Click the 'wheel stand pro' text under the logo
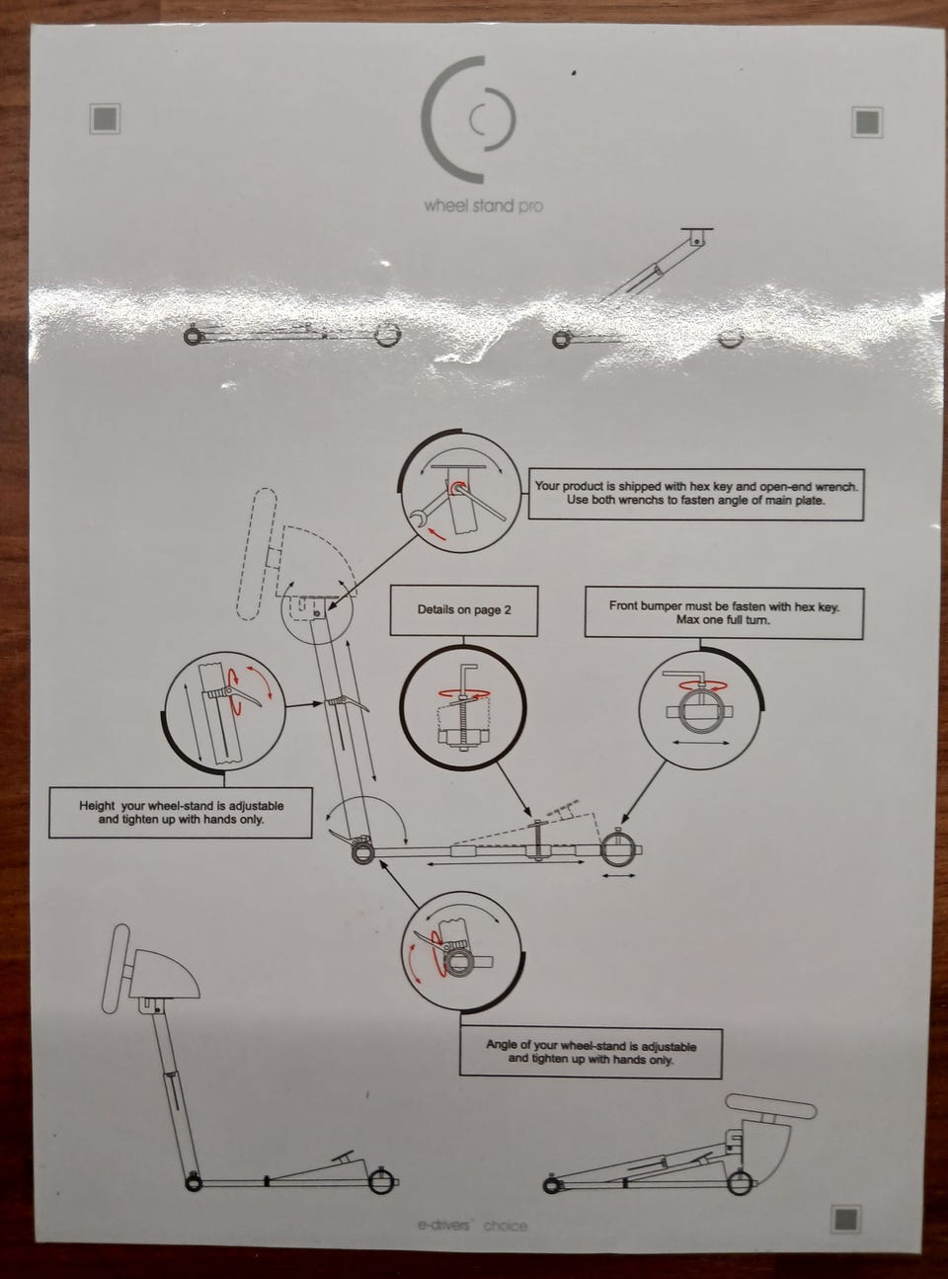pos(483,205)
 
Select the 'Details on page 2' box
pos(464,610)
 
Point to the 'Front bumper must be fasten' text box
pos(724,612)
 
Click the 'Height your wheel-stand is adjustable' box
pos(181,812)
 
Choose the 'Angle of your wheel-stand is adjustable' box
pos(591,1053)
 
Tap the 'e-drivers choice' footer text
pos(472,1226)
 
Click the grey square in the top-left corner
pos(105,119)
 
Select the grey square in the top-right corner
pos(867,121)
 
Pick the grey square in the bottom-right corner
pos(846,1220)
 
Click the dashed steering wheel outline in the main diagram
pos(257,554)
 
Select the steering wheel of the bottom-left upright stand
pos(116,969)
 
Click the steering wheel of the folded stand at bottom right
pos(771,1106)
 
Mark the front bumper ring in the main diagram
pos(617,850)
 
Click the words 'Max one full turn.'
pos(723,620)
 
